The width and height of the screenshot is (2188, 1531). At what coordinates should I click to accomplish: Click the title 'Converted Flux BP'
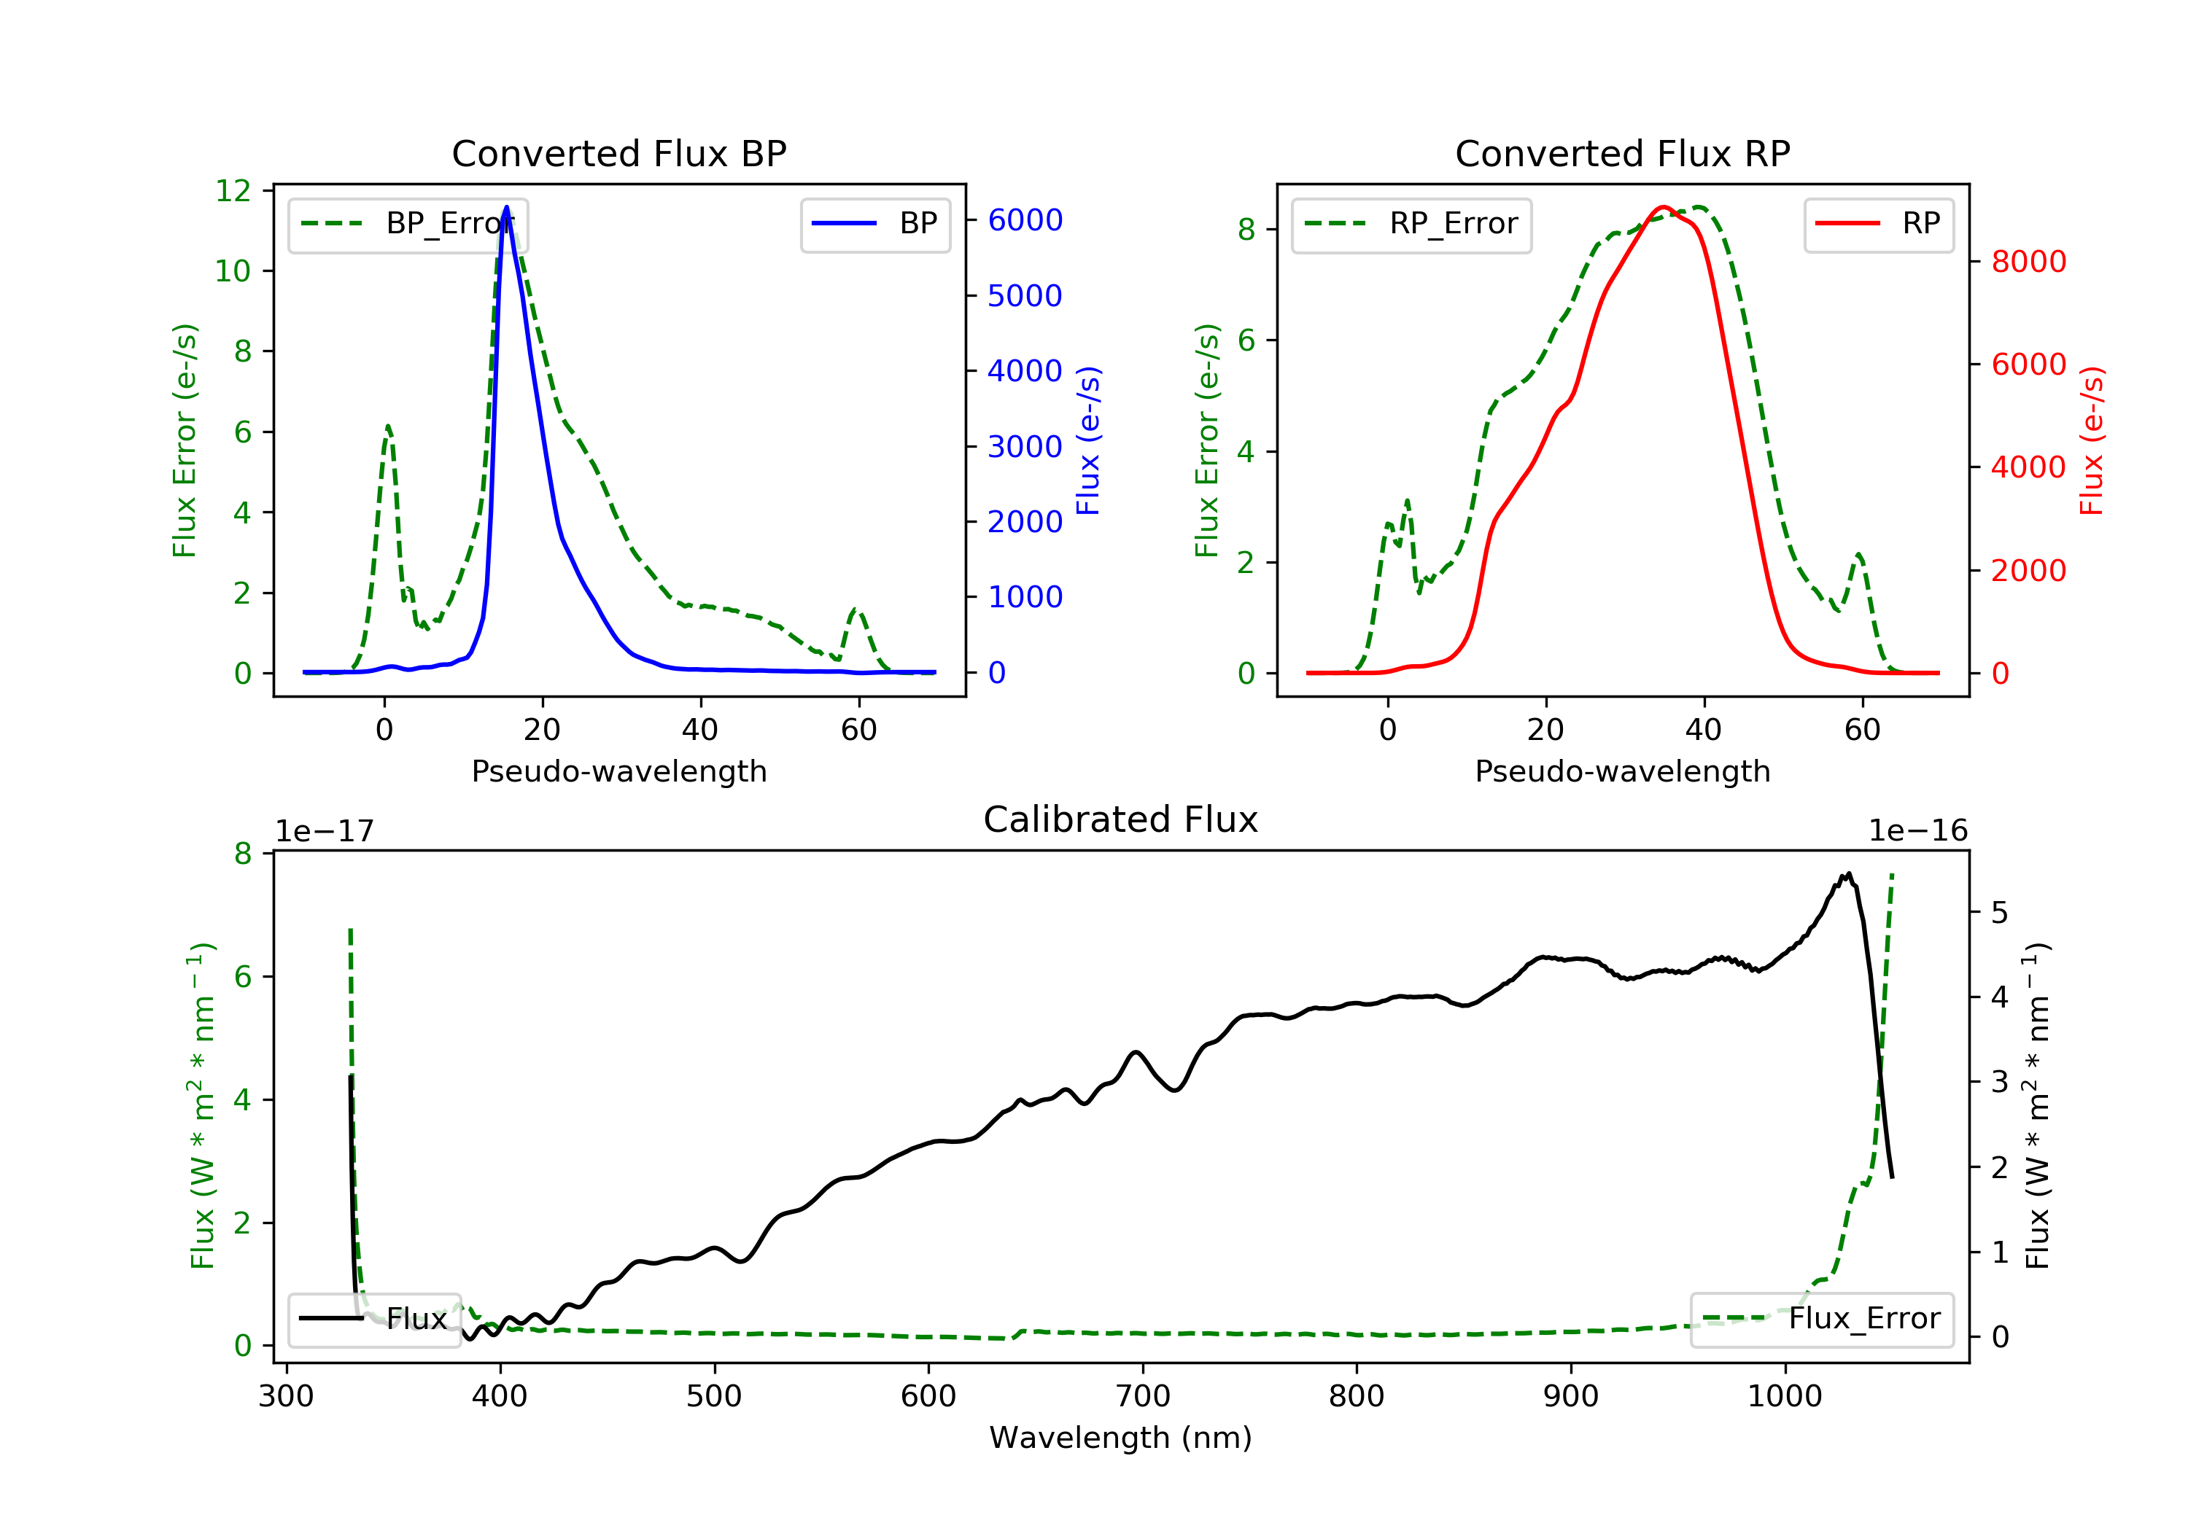618,153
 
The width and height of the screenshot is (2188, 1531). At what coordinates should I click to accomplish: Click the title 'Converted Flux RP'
1622,153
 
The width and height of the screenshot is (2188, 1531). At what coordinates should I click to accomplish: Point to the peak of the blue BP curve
506,207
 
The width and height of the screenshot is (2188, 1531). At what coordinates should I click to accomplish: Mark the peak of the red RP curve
1664,207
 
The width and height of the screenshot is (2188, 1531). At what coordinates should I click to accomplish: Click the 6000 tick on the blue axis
1025,220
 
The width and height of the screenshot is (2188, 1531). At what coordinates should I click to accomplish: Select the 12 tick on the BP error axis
233,190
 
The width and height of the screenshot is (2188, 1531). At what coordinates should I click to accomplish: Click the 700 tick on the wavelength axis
1141,1397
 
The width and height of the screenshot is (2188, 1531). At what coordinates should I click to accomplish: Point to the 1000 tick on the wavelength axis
1784,1397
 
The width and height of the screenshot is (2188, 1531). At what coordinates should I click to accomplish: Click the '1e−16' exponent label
1917,831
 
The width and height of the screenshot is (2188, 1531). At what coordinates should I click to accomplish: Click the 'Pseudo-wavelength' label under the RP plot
1622,771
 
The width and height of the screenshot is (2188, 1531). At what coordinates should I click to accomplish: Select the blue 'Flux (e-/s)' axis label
1088,440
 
